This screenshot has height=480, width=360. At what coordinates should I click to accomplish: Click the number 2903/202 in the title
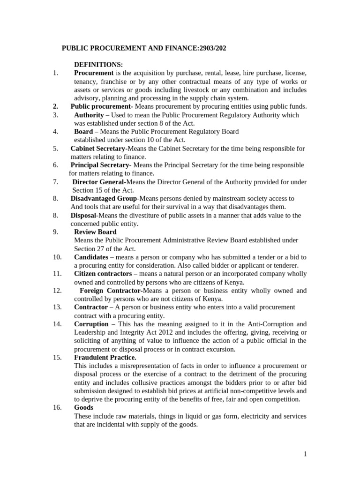tap(203, 48)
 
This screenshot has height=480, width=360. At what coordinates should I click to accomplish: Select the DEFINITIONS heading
tap(98, 65)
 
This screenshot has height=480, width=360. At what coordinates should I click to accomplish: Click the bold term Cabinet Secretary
tap(97, 149)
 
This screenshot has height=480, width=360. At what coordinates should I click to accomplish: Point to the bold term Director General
tap(98, 182)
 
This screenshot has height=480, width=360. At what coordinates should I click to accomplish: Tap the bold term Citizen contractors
tap(103, 274)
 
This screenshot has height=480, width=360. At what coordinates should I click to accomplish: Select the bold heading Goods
tap(84, 408)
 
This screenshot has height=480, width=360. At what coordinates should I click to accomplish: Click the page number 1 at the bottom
tap(305, 454)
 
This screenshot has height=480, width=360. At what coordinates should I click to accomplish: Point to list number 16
tap(57, 408)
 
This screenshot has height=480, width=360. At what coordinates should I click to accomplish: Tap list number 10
tap(57, 257)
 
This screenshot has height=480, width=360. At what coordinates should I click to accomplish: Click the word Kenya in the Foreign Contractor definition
tap(213, 299)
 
